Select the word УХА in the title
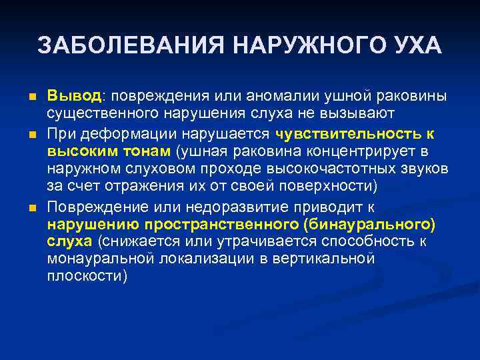pos(415,45)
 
